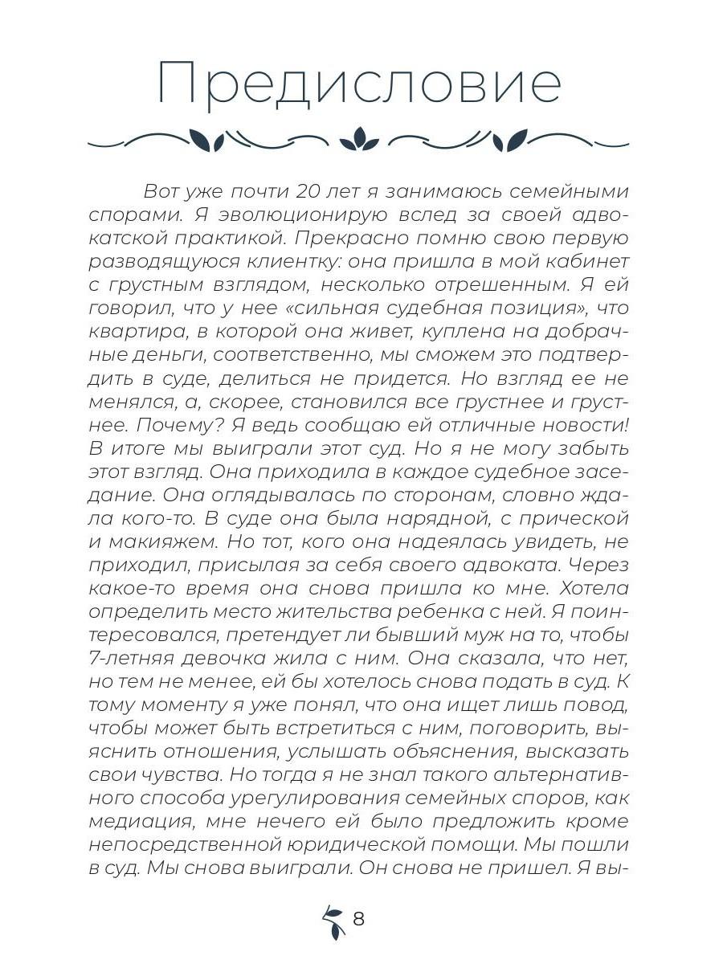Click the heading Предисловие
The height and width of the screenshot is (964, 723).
click(x=359, y=84)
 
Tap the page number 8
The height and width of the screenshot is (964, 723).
click(x=358, y=918)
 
